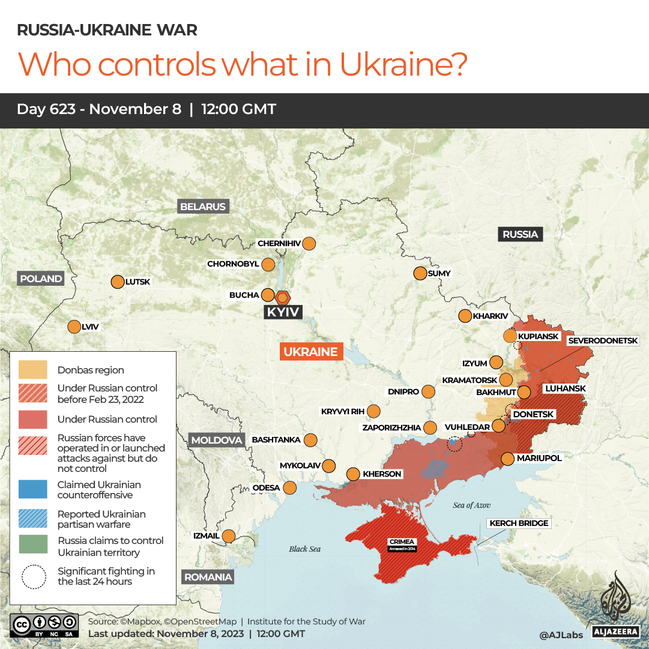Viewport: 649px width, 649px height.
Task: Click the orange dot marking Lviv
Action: pos(74,327)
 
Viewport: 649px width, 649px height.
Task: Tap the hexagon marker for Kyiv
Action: pos(283,297)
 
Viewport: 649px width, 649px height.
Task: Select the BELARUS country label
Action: pos(203,207)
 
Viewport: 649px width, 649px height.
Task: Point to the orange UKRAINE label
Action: pos(311,352)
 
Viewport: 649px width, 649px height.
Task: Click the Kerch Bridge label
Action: pos(519,523)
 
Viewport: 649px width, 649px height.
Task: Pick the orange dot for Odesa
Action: pos(289,488)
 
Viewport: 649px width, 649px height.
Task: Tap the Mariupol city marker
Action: pos(507,459)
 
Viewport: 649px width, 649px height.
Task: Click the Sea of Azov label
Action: pos(472,505)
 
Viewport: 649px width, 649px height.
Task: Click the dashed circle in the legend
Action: pos(34,576)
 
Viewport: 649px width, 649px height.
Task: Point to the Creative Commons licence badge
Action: pos(44,624)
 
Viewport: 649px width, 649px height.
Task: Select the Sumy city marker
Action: pos(420,273)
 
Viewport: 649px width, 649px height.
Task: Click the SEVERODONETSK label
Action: pos(603,340)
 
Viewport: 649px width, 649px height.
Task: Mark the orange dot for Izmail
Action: pos(229,536)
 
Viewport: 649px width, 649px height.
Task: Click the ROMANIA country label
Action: pos(208,577)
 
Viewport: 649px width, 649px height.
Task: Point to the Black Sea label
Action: pos(305,549)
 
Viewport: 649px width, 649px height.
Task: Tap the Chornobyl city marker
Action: pos(268,264)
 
